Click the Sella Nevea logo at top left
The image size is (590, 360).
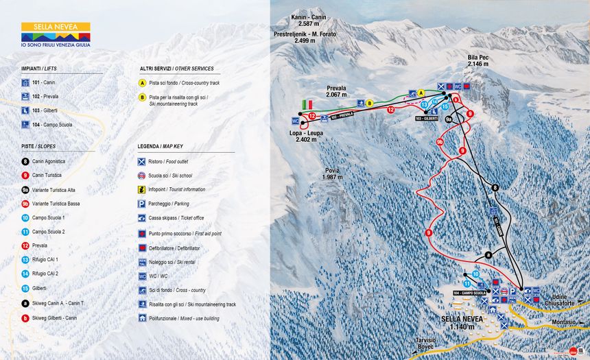56,34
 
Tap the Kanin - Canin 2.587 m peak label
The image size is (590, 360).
309,21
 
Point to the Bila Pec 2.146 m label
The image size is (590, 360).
477,60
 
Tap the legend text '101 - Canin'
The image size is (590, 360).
44,82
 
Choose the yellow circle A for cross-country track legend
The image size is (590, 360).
143,82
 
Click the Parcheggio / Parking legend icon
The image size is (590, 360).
142,204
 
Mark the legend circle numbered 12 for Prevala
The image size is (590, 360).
25,245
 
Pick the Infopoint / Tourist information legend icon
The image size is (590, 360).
142,189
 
